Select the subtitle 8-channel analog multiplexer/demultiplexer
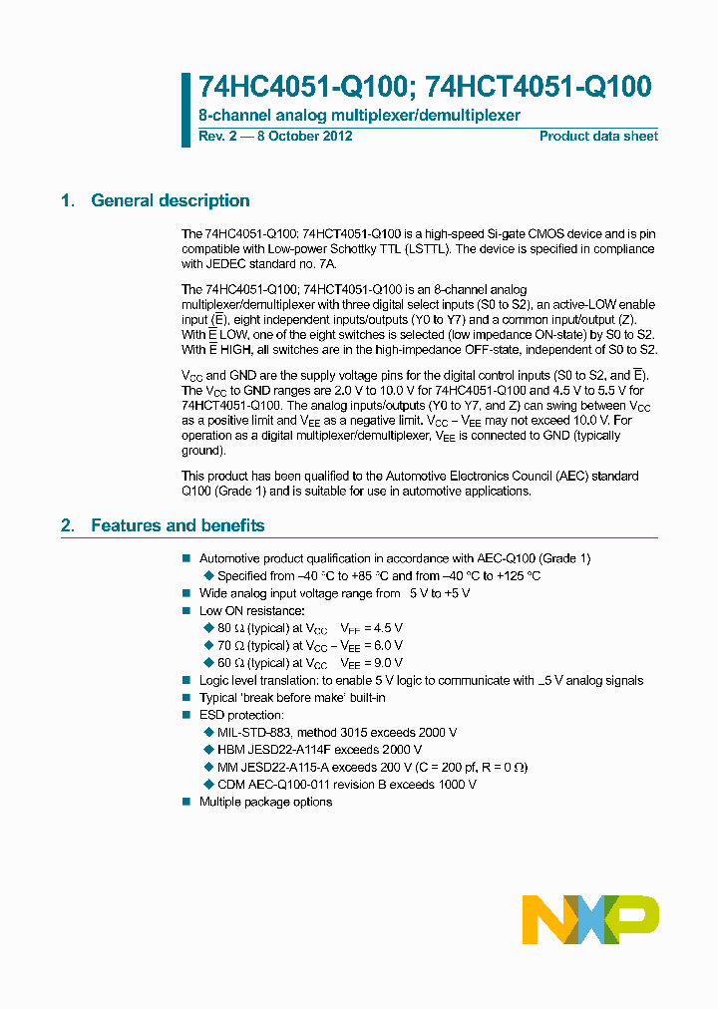(x=359, y=116)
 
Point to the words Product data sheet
(x=598, y=136)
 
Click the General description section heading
(x=171, y=201)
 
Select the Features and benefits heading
(x=178, y=525)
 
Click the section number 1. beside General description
(x=68, y=201)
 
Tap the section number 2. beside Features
(x=68, y=525)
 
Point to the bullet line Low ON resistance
(x=252, y=610)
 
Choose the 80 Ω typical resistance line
(x=310, y=628)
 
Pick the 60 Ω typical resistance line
(x=310, y=663)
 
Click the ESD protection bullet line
(x=241, y=715)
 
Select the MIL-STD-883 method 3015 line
(x=337, y=733)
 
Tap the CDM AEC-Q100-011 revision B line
(x=347, y=785)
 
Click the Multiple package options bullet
(x=265, y=802)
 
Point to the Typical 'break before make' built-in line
(x=292, y=698)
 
